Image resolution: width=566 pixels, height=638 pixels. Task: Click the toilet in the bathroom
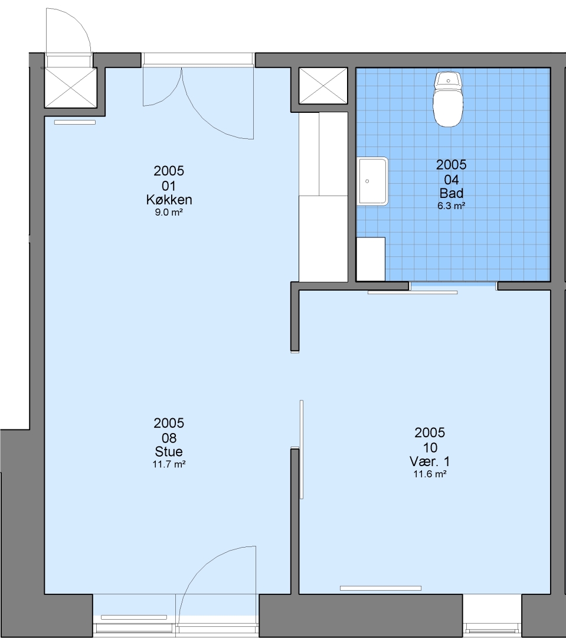(448, 99)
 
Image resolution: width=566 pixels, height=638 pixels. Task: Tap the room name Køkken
(169, 200)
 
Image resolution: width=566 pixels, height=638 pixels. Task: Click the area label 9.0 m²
(169, 212)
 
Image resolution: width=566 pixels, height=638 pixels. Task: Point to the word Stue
(169, 451)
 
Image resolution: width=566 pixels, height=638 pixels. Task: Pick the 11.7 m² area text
(169, 464)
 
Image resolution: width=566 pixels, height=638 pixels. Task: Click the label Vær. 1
(430, 461)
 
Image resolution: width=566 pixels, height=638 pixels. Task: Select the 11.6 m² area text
(430, 474)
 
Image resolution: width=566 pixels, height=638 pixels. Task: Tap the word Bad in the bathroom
(452, 193)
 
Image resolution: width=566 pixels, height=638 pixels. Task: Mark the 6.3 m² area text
(452, 206)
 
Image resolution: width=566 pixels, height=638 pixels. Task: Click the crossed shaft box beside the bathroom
(323, 86)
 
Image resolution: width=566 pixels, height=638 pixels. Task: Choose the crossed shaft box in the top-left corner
(70, 88)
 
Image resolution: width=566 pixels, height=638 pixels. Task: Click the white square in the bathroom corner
(371, 259)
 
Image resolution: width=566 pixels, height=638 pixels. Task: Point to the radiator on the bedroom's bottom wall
(381, 588)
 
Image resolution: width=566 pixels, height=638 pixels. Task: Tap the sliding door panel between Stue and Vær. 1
(302, 449)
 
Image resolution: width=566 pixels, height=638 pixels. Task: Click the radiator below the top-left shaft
(75, 122)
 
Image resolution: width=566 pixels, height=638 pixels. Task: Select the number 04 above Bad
(452, 180)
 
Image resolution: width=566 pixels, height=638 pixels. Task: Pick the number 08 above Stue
(169, 438)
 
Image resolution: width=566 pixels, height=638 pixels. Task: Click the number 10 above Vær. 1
(430, 448)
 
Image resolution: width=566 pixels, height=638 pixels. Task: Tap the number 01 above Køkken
(169, 186)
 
